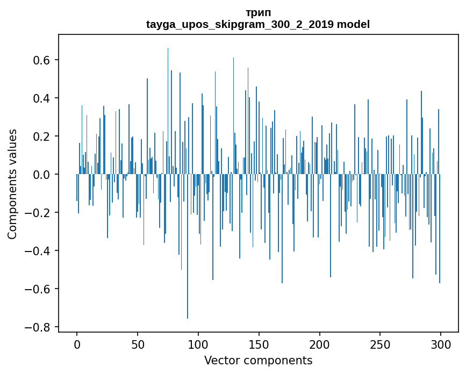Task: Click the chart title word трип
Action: click(258, 12)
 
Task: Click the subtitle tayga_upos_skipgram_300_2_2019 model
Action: click(258, 24)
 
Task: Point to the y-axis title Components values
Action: click(12, 184)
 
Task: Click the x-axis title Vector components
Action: click(258, 360)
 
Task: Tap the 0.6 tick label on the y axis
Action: click(41, 60)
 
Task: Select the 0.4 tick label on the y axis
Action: click(41, 98)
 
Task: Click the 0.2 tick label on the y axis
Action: click(41, 136)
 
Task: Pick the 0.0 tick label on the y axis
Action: click(41, 175)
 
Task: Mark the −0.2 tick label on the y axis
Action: click(38, 213)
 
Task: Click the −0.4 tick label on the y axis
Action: click(38, 251)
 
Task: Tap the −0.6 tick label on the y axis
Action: click(38, 289)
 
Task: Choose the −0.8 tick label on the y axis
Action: click(38, 327)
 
